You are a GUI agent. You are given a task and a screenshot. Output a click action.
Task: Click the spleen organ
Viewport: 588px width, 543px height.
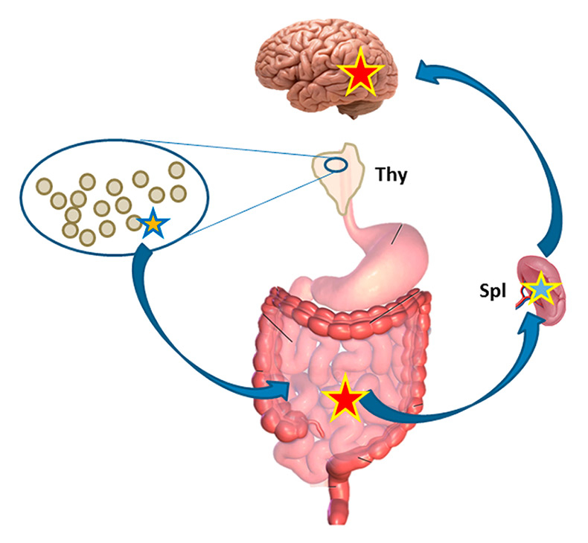click(x=555, y=298)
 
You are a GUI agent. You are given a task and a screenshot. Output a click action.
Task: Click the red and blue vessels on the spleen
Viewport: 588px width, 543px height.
click(x=526, y=295)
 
